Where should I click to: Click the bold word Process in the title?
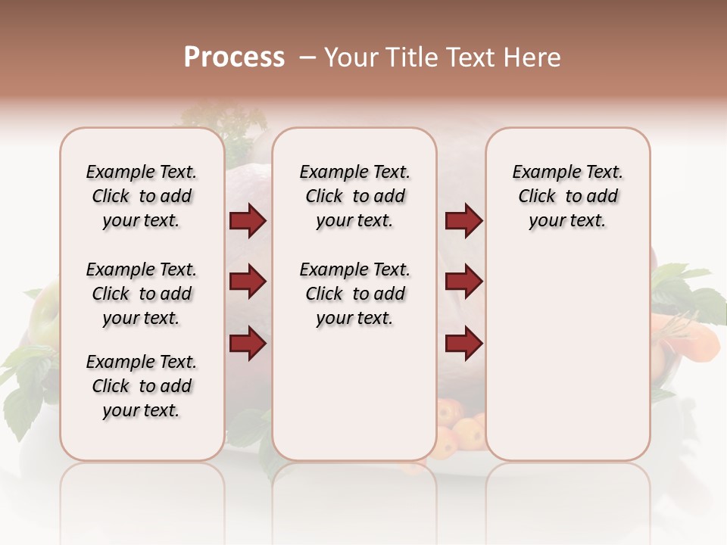[x=234, y=58]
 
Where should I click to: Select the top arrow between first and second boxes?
[x=248, y=221]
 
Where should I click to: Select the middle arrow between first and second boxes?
[x=248, y=282]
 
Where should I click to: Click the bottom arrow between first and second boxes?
[x=248, y=344]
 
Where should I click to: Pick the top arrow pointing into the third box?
[x=463, y=221]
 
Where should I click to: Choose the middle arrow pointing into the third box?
[x=463, y=282]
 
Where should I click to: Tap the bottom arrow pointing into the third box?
[x=463, y=344]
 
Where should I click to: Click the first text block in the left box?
[x=142, y=196]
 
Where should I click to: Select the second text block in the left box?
[x=142, y=294]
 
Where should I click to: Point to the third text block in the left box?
[x=142, y=386]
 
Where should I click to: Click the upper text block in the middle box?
[x=354, y=196]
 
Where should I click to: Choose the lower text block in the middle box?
[x=354, y=294]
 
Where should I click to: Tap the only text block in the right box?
[x=567, y=196]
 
